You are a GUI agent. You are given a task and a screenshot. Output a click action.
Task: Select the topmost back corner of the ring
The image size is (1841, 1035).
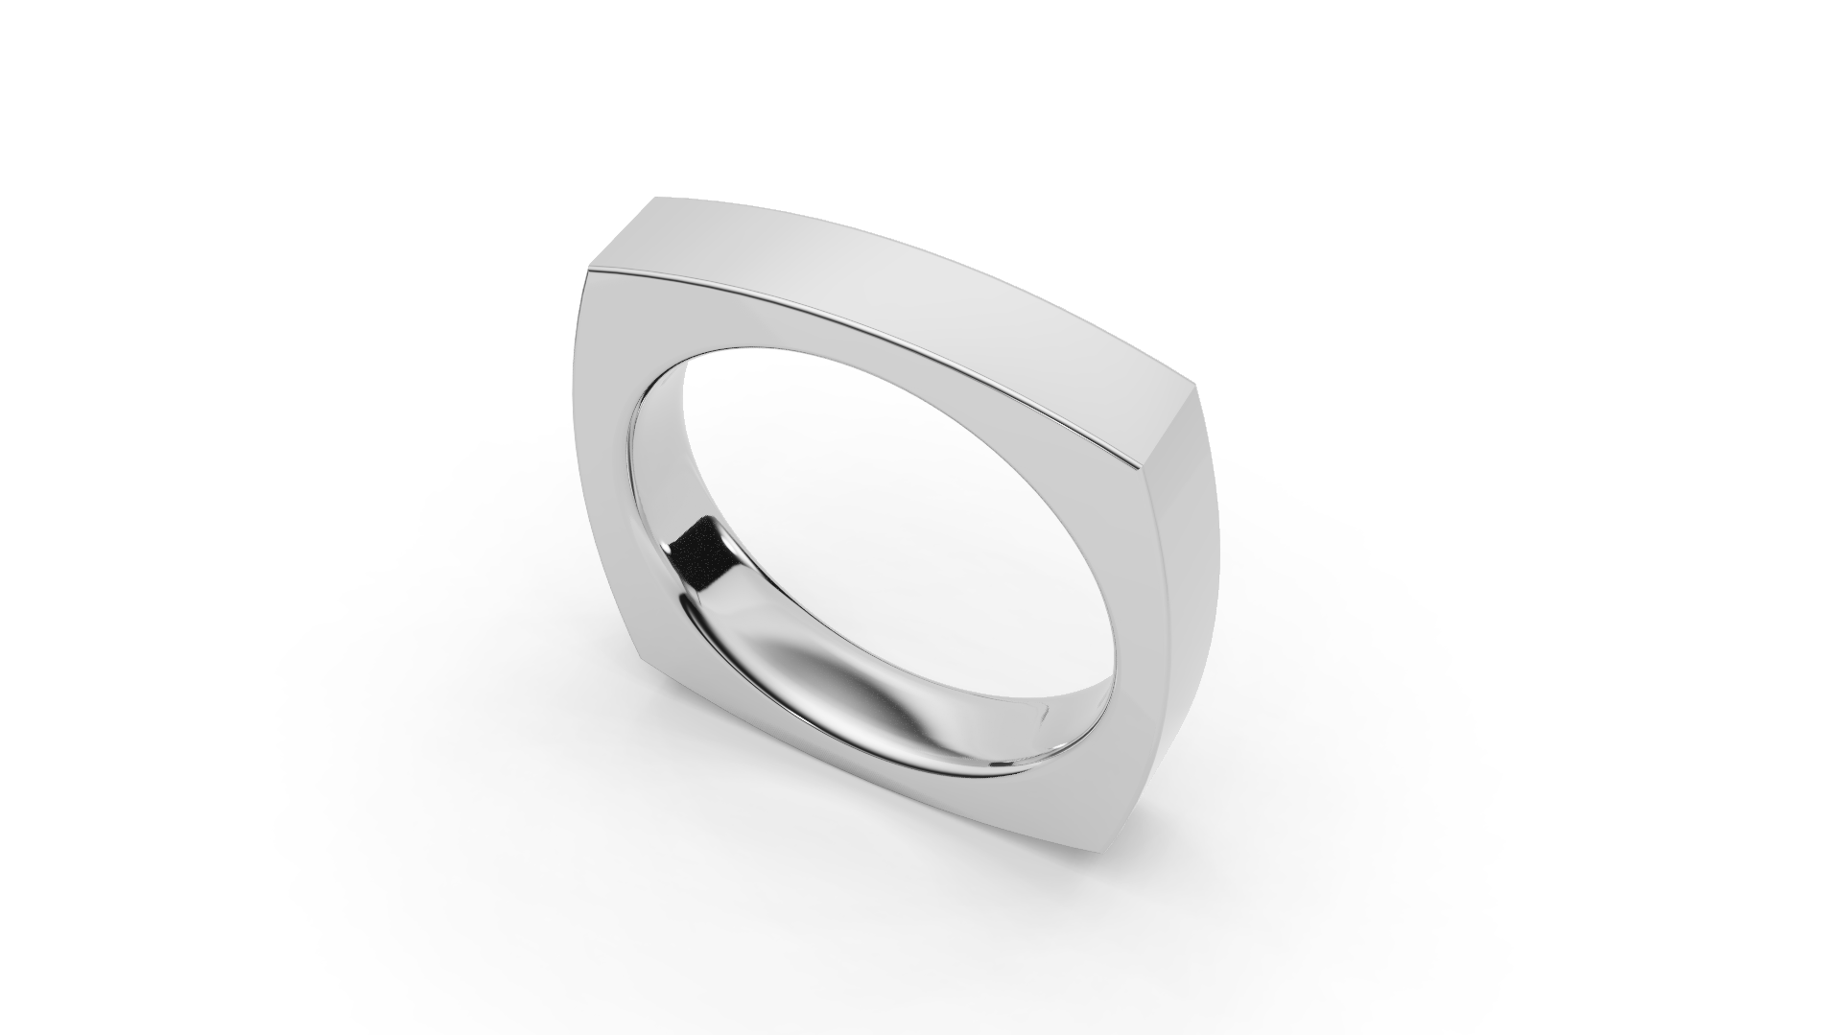click(656, 200)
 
